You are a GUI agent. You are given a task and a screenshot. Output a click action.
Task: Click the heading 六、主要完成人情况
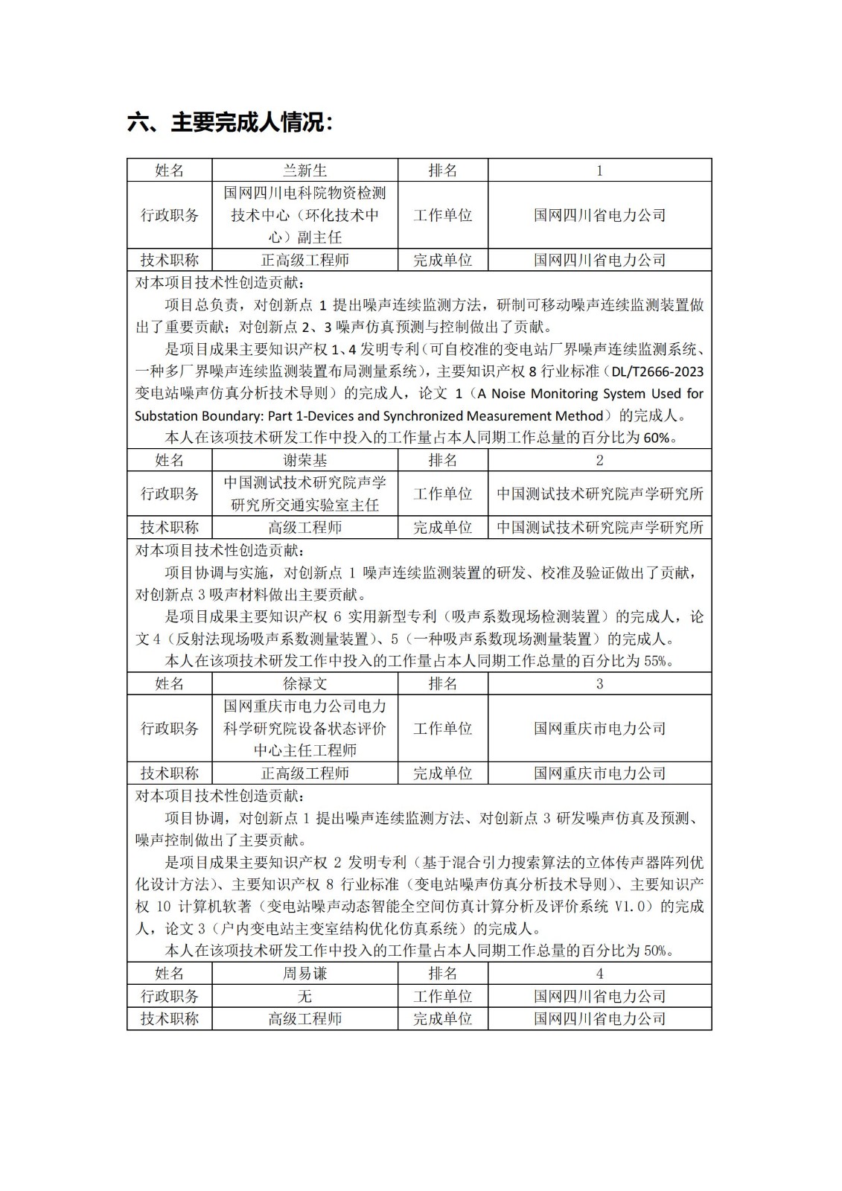point(230,122)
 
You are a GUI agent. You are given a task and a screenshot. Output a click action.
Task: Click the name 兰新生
point(304,170)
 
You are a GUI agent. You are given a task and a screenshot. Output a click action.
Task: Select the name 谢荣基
point(304,460)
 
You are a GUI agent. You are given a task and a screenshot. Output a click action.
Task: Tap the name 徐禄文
point(304,683)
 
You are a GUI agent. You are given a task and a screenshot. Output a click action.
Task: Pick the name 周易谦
point(304,973)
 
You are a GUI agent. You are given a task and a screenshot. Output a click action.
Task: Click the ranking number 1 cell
point(599,170)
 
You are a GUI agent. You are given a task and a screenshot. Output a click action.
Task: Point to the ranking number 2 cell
point(599,460)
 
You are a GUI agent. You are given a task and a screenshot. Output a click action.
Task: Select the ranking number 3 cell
point(599,683)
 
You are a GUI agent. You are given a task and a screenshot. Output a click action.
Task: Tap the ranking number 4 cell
point(599,973)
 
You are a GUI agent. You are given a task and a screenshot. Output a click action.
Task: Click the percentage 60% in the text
point(656,438)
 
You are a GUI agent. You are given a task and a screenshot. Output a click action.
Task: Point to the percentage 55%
point(656,661)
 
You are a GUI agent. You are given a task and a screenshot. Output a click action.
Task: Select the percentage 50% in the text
point(656,951)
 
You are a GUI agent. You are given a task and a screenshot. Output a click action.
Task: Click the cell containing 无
point(304,996)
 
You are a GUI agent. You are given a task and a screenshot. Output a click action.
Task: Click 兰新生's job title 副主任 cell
point(304,215)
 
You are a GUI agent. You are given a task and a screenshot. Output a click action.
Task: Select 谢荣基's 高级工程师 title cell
point(304,527)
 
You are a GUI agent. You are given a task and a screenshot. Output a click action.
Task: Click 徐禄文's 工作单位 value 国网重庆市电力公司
point(599,728)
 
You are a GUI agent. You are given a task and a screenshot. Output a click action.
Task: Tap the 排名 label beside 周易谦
point(443,973)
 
